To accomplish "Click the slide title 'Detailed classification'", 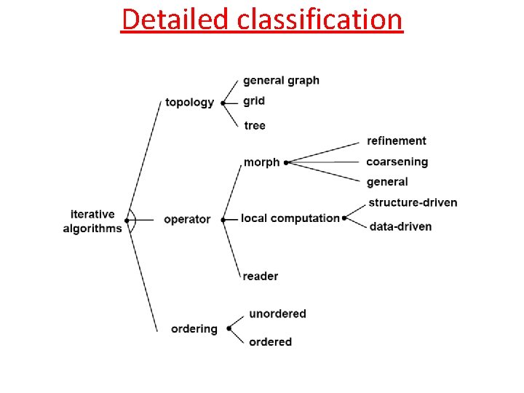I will point(262,19).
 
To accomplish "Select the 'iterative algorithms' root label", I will point(92,221).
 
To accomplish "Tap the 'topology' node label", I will point(189,102).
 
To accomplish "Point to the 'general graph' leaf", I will point(281,80).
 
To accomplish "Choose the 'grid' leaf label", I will point(254,100).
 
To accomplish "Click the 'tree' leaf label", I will point(255,125).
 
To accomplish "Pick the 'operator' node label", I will point(187,219).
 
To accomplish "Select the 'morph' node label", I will point(261,162).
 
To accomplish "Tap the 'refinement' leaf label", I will point(397,140).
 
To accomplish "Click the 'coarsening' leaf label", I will point(397,162).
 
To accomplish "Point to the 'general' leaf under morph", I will point(387,182).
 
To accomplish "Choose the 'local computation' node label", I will point(290,218).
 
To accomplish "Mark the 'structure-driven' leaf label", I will point(413,202).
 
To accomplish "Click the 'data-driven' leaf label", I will point(400,226).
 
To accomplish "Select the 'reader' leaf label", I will point(261,276).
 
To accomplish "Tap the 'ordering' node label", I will point(194,328).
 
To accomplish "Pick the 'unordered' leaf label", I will point(277,314).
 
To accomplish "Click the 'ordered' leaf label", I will point(270,341).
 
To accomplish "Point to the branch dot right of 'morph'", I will point(286,162).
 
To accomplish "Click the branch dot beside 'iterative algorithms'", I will point(127,220).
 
